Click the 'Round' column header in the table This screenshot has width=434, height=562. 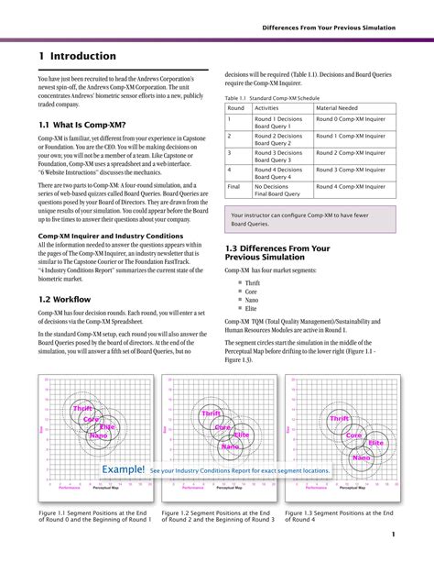coord(236,107)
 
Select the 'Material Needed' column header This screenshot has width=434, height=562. coord(337,107)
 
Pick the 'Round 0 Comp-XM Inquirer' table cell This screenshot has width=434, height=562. coord(352,119)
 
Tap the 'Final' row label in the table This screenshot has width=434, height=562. coord(235,187)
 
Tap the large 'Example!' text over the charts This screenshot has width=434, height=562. coord(124,469)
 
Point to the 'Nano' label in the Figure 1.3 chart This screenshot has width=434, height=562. coord(362,457)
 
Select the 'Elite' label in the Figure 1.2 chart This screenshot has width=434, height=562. coord(241,435)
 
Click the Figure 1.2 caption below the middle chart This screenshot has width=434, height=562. coord(217,516)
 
